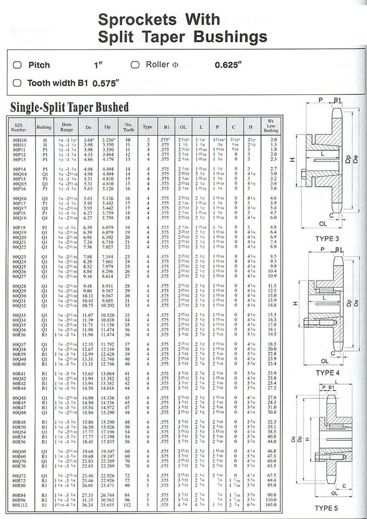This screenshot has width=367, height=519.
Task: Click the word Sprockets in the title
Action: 137,20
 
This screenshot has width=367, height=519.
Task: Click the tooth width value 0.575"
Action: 106,83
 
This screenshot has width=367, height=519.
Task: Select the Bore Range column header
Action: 67,127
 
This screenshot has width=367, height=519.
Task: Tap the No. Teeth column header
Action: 129,127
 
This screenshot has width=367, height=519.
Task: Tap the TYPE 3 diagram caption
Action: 327,238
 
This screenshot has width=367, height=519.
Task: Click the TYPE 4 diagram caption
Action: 327,373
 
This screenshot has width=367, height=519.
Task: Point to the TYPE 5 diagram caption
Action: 326,508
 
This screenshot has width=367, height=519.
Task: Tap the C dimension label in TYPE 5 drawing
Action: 344,486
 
